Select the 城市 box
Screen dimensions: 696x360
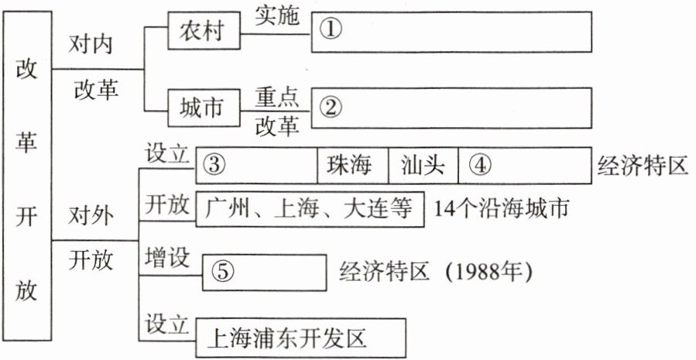(204, 108)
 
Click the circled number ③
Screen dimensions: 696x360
(216, 166)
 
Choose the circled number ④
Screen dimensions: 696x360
(480, 166)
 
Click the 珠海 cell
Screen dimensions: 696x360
(351, 166)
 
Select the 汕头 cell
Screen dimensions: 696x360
(423, 166)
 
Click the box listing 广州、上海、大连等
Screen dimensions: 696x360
(310, 208)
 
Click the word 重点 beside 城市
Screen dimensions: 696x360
(276, 95)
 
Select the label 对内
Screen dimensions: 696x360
(91, 43)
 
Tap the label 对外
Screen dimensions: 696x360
(91, 213)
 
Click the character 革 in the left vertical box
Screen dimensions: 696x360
(26, 148)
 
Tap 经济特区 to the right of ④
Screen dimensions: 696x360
(642, 166)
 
